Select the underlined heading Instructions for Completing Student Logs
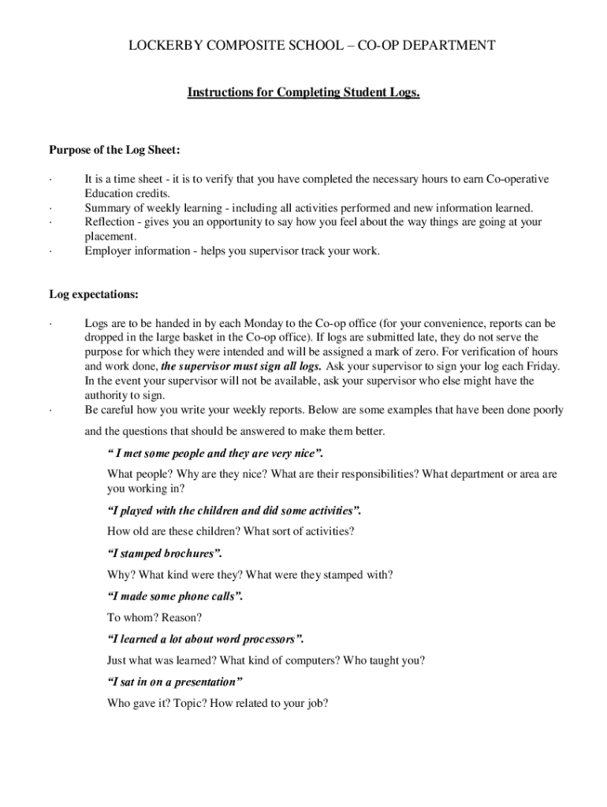pos(303,93)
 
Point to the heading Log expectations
pos(94,294)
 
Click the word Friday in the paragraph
pos(540,366)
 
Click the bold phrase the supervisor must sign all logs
pos(241,366)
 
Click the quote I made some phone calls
pos(174,596)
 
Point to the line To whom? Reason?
pos(155,617)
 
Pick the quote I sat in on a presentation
pos(174,681)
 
